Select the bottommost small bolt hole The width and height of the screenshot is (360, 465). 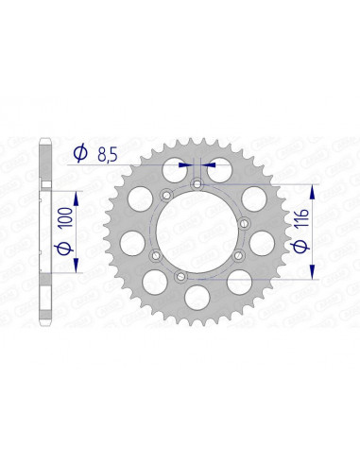coord(180,275)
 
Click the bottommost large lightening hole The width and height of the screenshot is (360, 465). coord(199,297)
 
